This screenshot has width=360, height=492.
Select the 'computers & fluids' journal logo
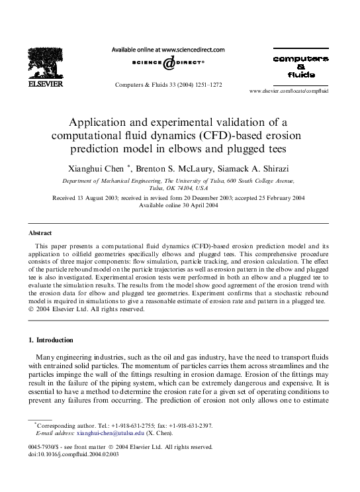(x=300, y=66)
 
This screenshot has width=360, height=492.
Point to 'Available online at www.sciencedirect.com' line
(x=168, y=49)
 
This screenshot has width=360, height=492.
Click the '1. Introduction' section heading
(x=51, y=340)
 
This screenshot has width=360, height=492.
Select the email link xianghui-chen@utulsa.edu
(x=109, y=433)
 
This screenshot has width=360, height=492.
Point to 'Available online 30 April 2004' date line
(x=179, y=205)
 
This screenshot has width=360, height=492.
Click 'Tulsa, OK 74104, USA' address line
(x=179, y=187)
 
